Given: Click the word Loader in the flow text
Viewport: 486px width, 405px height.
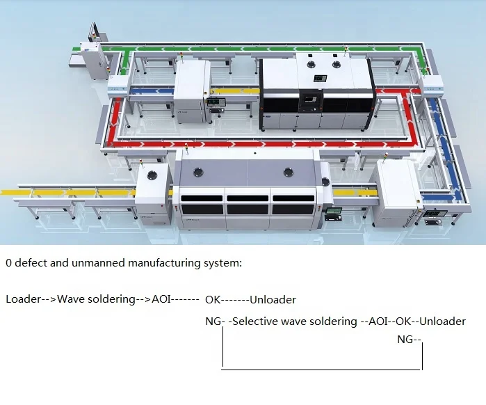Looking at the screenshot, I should pyautogui.click(x=22, y=300).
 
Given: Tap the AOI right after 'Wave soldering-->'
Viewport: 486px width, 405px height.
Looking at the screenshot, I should pyautogui.click(x=161, y=300).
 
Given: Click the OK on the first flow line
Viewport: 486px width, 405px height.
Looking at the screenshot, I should pyautogui.click(x=213, y=300).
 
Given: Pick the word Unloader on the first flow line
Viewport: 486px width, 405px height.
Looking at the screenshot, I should pyautogui.click(x=273, y=300).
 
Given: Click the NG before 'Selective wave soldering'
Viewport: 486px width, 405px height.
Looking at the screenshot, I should pyautogui.click(x=212, y=321).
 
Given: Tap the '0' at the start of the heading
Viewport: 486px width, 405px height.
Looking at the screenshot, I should pyautogui.click(x=8, y=264).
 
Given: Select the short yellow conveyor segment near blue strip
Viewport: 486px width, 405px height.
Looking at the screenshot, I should pyautogui.click(x=235, y=91).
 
